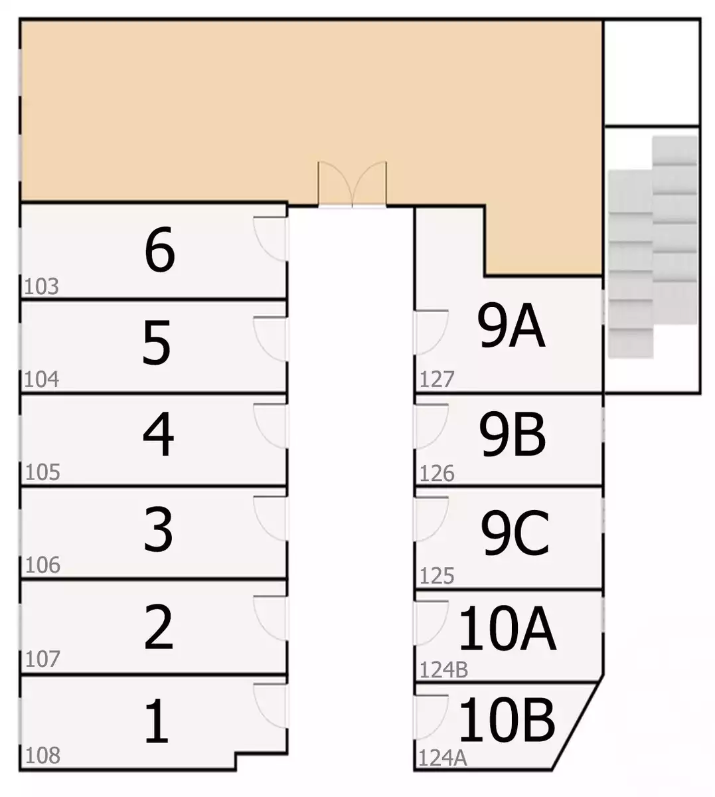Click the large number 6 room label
160,250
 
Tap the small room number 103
42,286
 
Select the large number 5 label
157,342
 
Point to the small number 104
42,379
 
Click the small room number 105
42,472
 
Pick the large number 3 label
158,529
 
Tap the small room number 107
42,659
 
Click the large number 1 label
157,721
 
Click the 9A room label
511,325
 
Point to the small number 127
437,379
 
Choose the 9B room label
513,434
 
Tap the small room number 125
437,576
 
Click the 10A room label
507,628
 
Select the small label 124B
443,670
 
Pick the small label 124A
443,758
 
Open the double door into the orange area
353,184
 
